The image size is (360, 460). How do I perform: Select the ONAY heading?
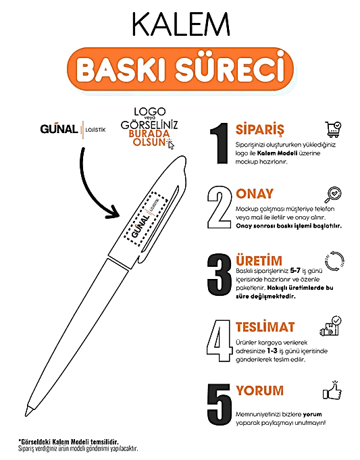255,195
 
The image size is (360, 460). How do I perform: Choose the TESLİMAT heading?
265,327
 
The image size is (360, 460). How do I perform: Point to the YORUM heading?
259,390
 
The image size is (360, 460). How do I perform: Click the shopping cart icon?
333,130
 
